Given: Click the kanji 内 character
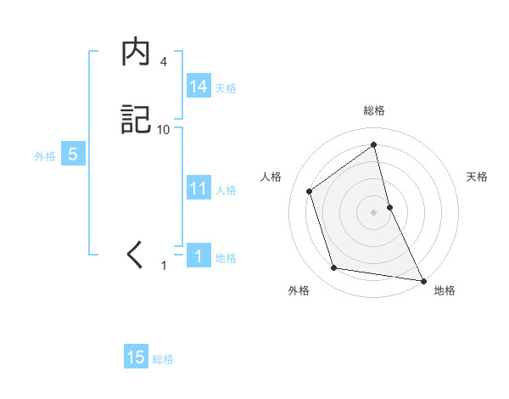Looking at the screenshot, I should [x=136, y=53].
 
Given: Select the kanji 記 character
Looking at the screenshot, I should [x=136, y=120].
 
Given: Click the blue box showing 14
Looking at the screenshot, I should [x=199, y=87].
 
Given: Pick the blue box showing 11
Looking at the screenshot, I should [x=199, y=188].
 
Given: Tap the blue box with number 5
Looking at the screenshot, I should [x=73, y=155].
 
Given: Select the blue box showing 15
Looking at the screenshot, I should [x=136, y=357].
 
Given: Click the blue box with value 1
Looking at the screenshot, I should [x=199, y=256].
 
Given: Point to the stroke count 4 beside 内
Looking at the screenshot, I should [x=163, y=62].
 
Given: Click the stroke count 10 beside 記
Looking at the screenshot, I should [x=164, y=129].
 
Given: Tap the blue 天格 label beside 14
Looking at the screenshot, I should [x=226, y=88].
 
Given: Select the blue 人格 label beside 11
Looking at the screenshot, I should [x=226, y=190].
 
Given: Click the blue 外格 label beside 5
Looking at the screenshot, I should [x=45, y=156].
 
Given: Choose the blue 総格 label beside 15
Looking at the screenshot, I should [x=163, y=359].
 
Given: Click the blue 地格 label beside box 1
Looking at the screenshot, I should [x=226, y=258].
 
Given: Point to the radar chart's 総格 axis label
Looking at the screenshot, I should [x=374, y=110].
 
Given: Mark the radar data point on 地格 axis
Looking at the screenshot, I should [x=422, y=279].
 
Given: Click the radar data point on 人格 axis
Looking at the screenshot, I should [x=310, y=191].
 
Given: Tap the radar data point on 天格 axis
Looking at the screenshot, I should [x=389, y=206].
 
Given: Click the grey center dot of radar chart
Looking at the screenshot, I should [x=373, y=211].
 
